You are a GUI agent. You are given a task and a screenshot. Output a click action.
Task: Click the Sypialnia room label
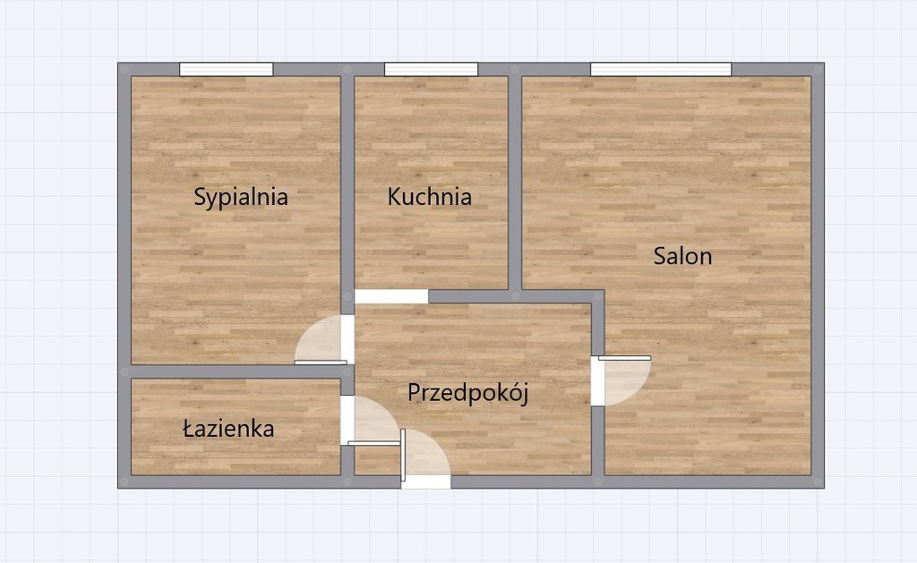click(x=241, y=197)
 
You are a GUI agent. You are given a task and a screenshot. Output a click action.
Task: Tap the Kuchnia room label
click(x=430, y=197)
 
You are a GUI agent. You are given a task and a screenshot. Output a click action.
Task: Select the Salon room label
click(x=682, y=257)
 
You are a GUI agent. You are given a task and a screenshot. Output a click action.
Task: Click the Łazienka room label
click(x=228, y=430)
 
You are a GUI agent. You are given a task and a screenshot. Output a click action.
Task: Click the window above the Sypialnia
click(x=226, y=70)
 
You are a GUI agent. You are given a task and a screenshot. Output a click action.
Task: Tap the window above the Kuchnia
click(x=431, y=70)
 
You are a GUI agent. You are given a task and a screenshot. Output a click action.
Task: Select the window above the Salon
click(x=661, y=70)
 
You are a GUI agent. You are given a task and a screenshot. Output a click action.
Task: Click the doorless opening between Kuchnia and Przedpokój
click(x=391, y=297)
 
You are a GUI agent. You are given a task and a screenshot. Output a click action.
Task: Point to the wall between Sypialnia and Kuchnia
click(x=347, y=179)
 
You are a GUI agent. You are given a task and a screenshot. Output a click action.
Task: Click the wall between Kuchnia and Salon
click(x=515, y=179)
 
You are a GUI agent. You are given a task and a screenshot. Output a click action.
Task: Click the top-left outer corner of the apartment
click(x=120, y=64)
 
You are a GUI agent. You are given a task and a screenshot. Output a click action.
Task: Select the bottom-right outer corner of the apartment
click(x=821, y=485)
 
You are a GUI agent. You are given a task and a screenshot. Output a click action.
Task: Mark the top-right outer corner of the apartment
click(x=821, y=64)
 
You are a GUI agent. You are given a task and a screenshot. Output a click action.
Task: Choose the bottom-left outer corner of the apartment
click(x=120, y=485)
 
